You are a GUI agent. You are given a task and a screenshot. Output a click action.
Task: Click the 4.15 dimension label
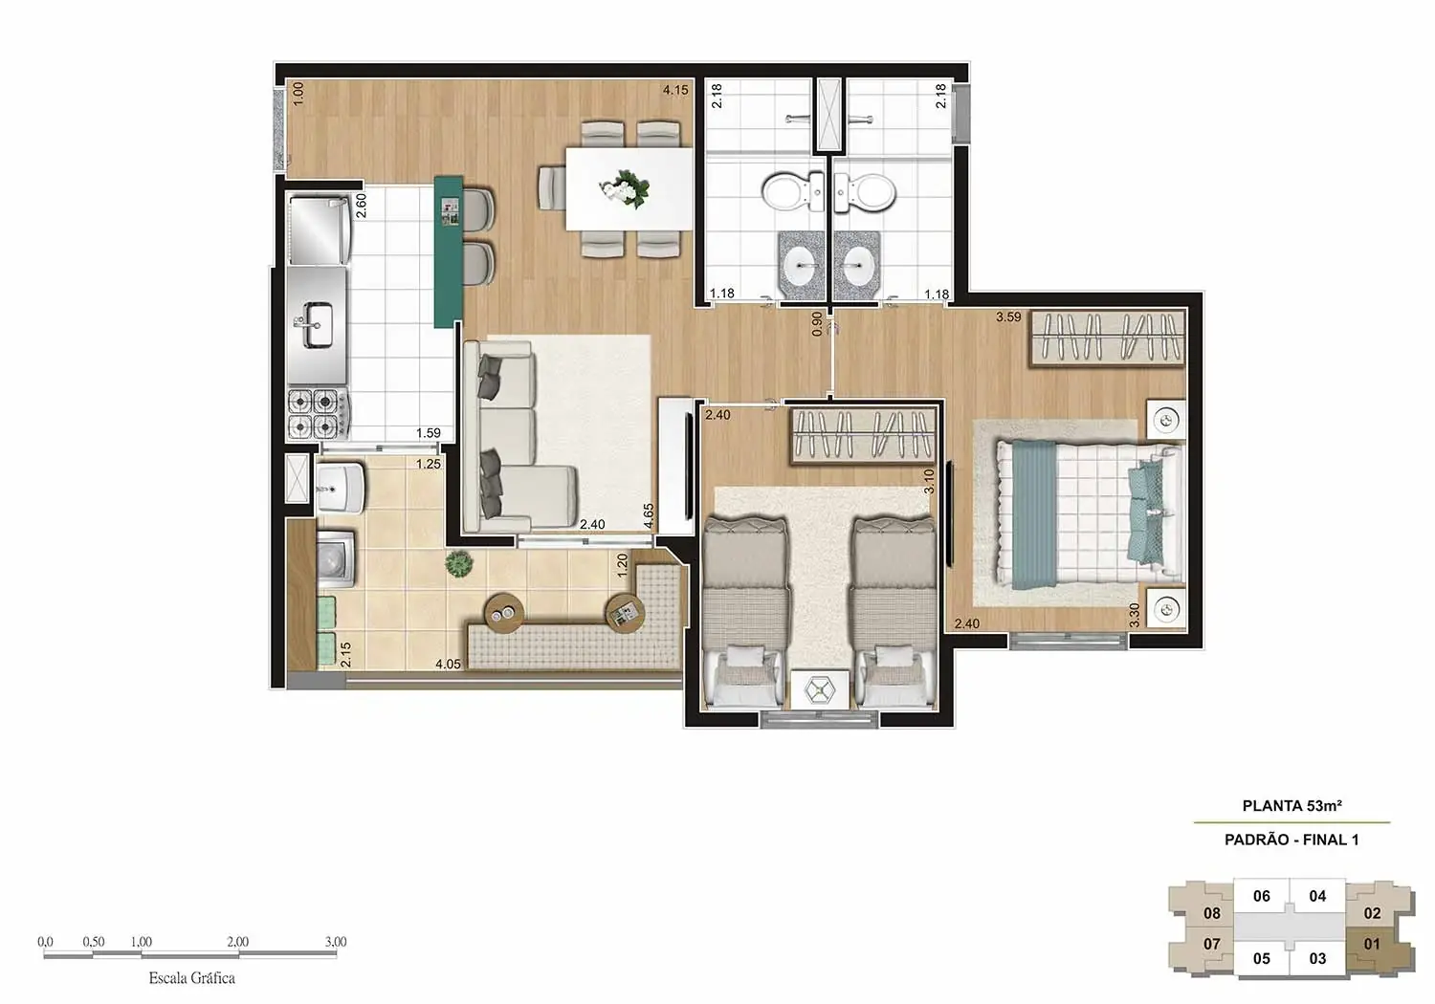(x=675, y=90)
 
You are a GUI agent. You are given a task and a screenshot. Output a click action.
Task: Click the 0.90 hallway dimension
(x=817, y=323)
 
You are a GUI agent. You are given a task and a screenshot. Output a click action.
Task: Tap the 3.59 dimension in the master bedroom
(x=1008, y=316)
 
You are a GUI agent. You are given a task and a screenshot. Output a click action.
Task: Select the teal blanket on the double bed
(x=1035, y=512)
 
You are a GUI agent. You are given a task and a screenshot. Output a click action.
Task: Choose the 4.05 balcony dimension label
(x=448, y=664)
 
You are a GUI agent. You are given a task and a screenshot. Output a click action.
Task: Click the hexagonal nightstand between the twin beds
(x=820, y=690)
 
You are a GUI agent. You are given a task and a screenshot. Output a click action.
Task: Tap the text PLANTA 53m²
(x=1291, y=806)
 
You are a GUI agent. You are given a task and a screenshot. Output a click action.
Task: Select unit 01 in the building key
(x=1372, y=944)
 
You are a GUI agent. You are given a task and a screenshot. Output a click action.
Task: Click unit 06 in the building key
(x=1262, y=896)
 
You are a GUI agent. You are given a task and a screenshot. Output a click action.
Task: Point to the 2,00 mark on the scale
(x=237, y=942)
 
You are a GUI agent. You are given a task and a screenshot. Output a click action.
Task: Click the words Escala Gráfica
(x=191, y=978)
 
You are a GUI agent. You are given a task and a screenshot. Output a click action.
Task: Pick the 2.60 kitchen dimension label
(x=362, y=206)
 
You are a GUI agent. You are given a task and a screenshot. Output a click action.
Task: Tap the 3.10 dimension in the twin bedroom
(x=928, y=481)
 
